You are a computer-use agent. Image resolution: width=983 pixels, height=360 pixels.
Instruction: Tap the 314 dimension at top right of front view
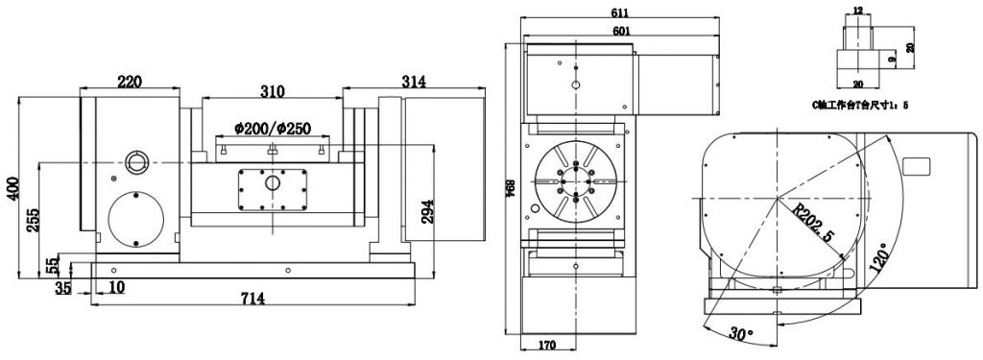[x=414, y=83]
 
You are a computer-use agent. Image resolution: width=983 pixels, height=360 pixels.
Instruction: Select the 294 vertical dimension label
[x=428, y=212]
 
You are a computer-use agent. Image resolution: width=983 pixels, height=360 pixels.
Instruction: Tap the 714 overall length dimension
[x=252, y=300]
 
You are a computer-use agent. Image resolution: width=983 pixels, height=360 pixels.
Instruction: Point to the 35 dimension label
[x=64, y=287]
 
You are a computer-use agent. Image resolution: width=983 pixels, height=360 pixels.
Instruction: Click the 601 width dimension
[x=617, y=31]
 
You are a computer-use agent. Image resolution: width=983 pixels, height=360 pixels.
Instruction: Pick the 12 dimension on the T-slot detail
[x=857, y=10]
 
